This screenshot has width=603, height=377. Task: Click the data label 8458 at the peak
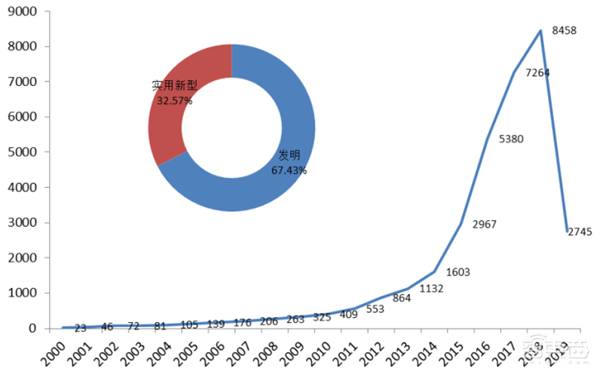coord(565,31)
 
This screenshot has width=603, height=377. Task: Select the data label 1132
coord(430,288)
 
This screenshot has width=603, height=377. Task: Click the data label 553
coord(375,309)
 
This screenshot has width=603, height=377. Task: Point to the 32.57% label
coord(174,100)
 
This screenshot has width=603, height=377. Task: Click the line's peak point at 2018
coord(540,31)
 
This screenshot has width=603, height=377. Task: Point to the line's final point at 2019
coord(567,231)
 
